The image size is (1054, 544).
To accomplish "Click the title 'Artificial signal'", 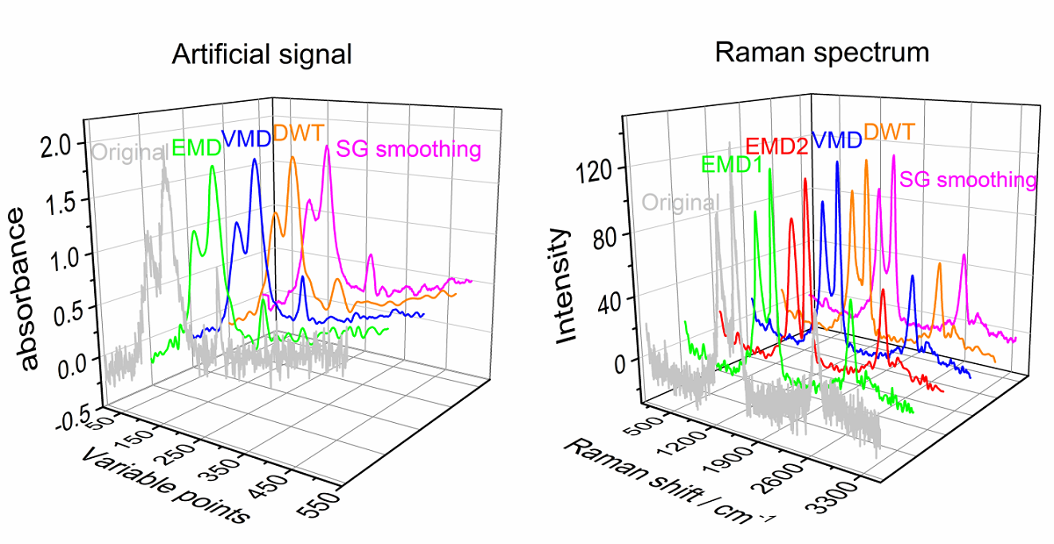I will (262, 54).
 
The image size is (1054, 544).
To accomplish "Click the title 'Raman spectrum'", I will (821, 53).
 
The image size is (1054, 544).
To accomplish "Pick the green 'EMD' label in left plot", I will (196, 148).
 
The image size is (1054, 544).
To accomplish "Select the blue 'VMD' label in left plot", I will (246, 138).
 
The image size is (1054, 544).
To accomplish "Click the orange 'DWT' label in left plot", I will (298, 133).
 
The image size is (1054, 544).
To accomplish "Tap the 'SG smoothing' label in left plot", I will (410, 148).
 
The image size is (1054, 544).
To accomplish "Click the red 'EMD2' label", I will (776, 146).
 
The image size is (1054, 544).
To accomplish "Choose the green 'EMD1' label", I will (731, 163).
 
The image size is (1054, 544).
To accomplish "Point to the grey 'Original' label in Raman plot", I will (680, 202).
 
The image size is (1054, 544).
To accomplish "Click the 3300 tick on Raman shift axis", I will (848, 511).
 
